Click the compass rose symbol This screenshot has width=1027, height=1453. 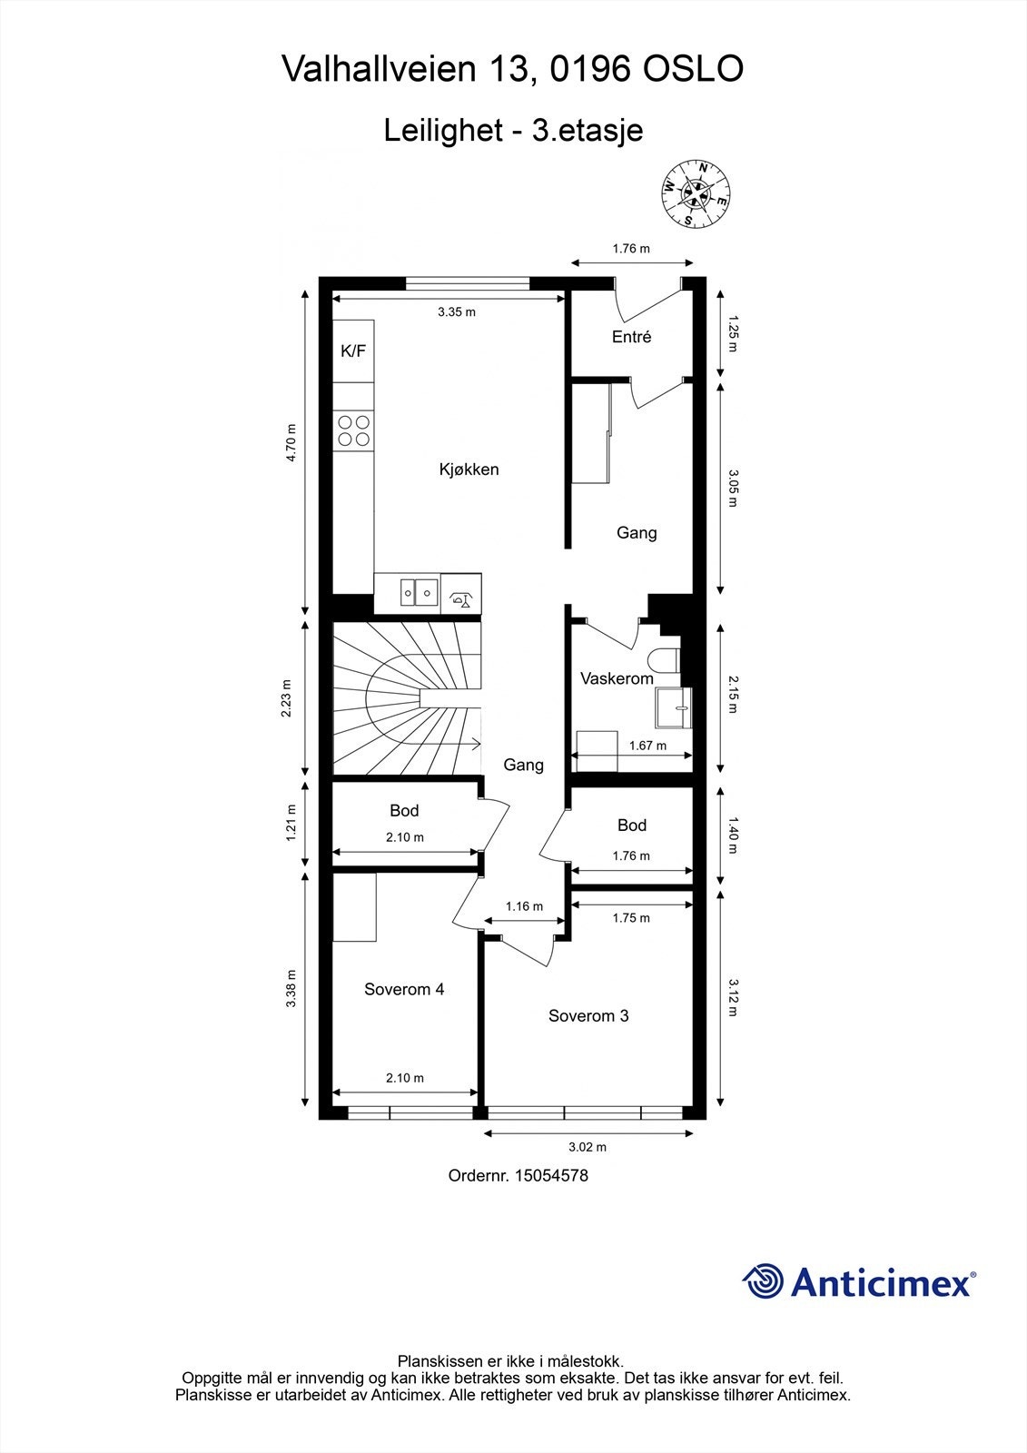point(695,193)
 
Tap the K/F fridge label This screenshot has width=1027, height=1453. point(353,351)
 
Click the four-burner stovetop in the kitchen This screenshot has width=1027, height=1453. point(353,430)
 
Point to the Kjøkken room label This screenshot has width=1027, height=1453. point(469,470)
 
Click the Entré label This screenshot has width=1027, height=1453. point(631,337)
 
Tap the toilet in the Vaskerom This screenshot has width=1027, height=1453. point(666,660)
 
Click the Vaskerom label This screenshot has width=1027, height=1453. point(617,678)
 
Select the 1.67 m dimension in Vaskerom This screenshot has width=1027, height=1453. point(647,746)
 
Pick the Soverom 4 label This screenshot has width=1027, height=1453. point(404,990)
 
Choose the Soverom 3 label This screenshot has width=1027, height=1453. point(588,1016)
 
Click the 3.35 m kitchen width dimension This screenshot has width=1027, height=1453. point(456,311)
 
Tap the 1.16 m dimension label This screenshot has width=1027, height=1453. point(524,906)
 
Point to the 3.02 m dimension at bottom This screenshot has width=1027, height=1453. point(588,1147)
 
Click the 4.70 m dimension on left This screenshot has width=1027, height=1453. point(291,443)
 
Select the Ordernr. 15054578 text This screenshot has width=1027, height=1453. point(518,1175)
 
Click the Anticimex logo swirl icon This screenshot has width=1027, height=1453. point(763,1281)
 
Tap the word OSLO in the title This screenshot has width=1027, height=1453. point(693,69)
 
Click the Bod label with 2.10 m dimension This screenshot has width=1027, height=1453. point(404,810)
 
